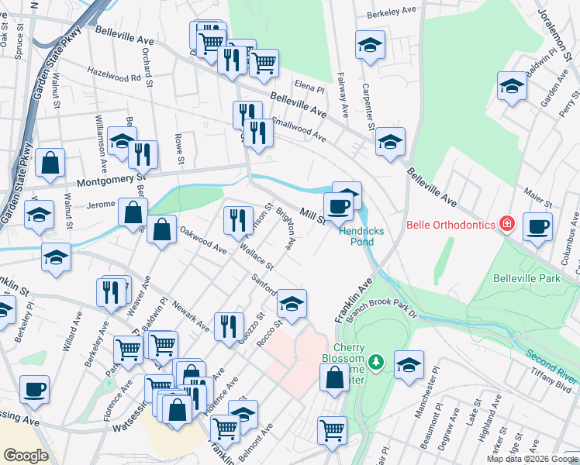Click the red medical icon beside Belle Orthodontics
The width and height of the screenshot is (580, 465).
(507, 225)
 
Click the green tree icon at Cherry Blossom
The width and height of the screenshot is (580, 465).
(376, 362)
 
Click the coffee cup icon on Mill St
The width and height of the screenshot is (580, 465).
(338, 206)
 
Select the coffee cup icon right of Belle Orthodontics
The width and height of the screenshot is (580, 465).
(537, 226)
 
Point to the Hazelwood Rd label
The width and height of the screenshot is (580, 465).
(114, 77)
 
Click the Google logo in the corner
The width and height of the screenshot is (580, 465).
(26, 456)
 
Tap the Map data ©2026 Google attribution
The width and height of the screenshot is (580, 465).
(531, 459)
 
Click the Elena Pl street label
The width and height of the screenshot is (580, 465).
(308, 88)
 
